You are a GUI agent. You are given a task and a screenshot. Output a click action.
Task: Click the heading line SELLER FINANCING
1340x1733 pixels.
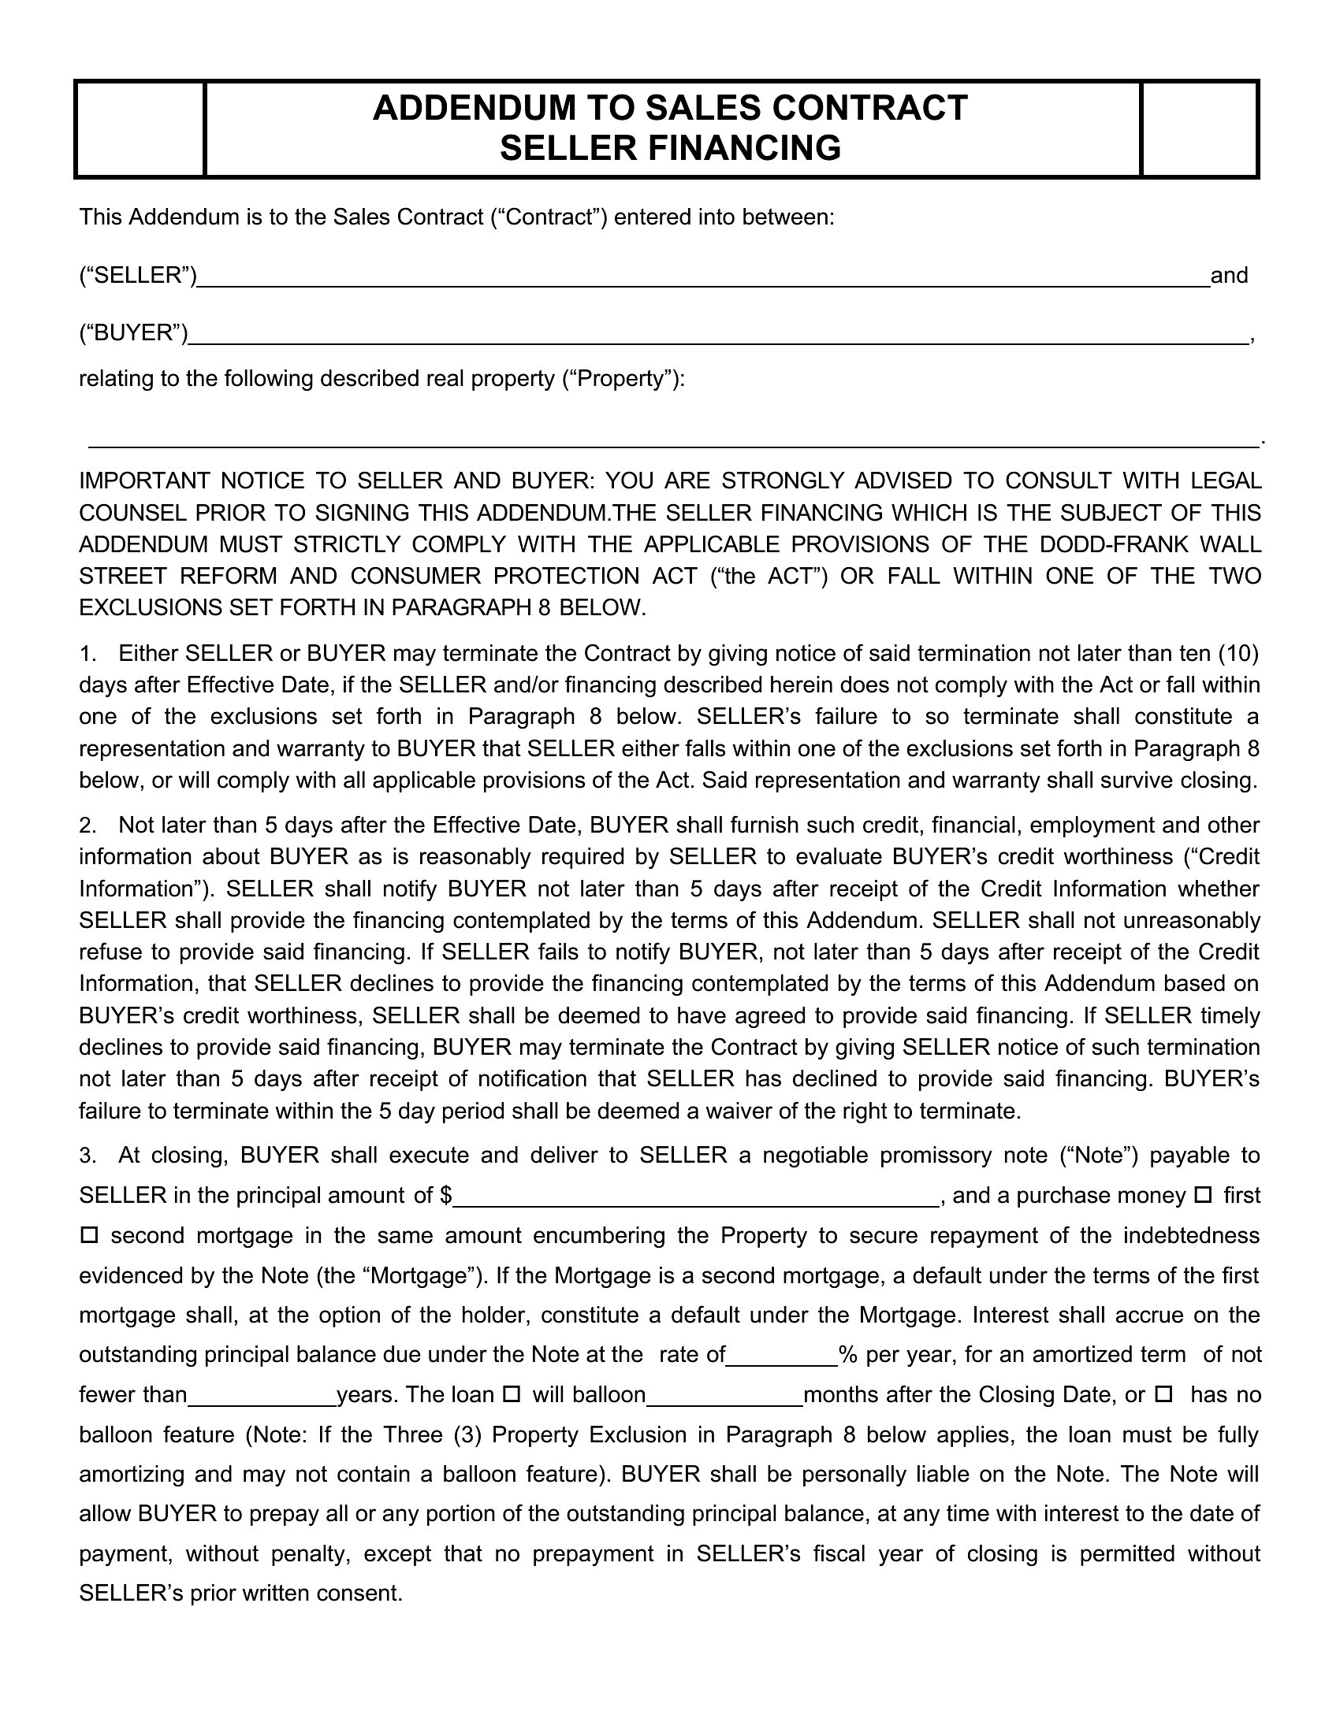point(670,148)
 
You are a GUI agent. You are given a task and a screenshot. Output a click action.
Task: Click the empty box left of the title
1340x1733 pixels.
point(140,128)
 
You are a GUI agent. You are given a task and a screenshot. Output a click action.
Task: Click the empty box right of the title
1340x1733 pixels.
point(1199,128)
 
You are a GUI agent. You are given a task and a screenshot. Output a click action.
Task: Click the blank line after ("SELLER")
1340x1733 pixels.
point(702,279)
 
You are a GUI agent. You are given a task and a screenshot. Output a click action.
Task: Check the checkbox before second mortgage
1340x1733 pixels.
point(89,1235)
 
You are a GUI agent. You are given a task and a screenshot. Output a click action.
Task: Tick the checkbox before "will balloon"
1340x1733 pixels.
point(512,1394)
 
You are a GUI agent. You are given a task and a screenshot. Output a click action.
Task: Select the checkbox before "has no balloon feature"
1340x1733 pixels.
point(1163,1394)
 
